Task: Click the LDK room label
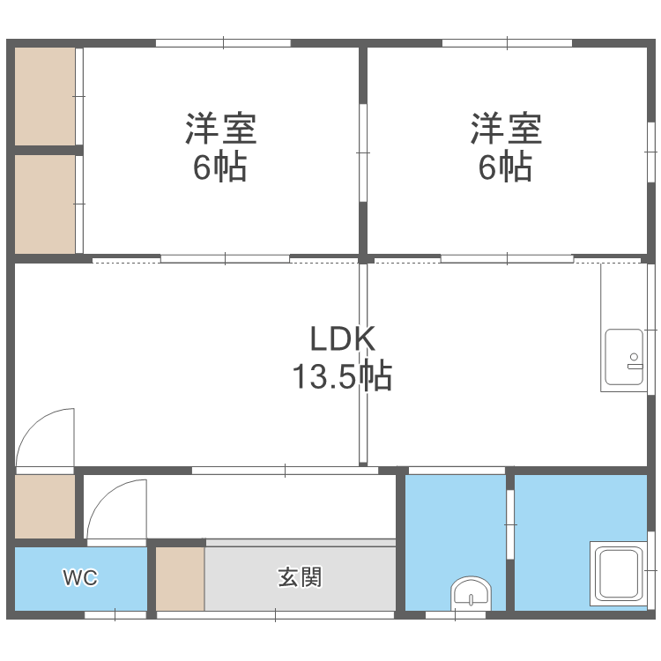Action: pyautogui.click(x=343, y=339)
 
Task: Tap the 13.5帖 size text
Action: pyautogui.click(x=342, y=377)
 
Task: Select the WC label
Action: pyautogui.click(x=80, y=578)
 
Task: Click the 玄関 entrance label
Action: pyautogui.click(x=300, y=578)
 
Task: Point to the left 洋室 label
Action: pyautogui.click(x=220, y=129)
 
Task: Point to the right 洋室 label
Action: pyautogui.click(x=505, y=129)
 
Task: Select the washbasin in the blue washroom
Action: pyautogui.click(x=472, y=593)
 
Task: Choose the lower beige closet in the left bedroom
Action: pyautogui.click(x=45, y=205)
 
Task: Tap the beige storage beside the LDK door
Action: pyautogui.click(x=45, y=507)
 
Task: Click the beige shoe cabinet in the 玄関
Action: pyautogui.click(x=181, y=578)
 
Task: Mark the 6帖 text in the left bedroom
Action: pyautogui.click(x=220, y=167)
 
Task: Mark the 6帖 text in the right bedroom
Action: pyautogui.click(x=505, y=167)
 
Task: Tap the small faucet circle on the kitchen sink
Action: pyautogui.click(x=632, y=357)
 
